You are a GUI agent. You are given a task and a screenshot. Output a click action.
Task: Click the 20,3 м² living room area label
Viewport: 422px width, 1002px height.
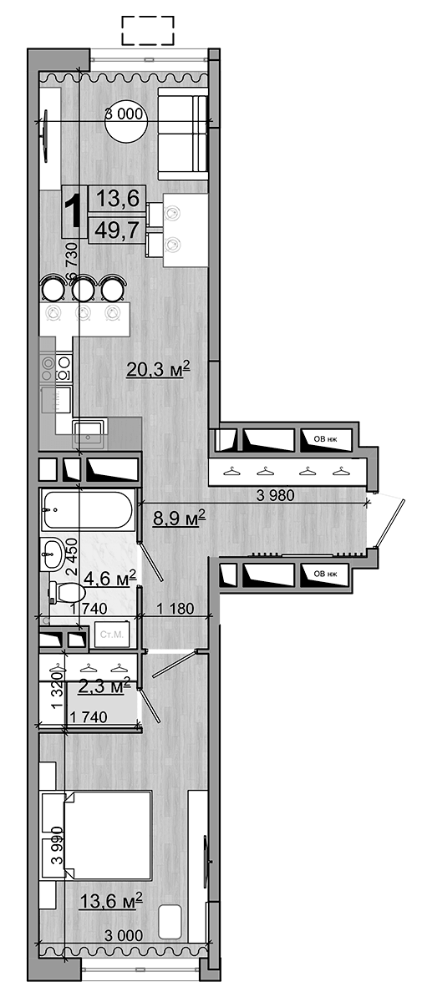point(159,369)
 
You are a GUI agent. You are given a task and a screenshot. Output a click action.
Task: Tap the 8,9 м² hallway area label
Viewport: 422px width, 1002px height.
point(179,519)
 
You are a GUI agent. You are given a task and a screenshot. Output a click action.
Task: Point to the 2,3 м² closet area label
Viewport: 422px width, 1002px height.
point(104,686)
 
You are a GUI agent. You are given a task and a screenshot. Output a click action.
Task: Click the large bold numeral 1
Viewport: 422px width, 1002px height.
point(74,210)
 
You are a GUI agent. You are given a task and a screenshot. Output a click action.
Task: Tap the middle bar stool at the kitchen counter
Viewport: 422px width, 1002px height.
point(83,289)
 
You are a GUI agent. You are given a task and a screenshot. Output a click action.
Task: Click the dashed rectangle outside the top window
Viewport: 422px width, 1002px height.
point(148,31)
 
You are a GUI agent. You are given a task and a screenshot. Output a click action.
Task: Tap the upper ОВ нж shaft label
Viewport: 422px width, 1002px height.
point(325,436)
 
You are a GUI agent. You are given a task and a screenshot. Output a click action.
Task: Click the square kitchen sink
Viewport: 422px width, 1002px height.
point(89,431)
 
